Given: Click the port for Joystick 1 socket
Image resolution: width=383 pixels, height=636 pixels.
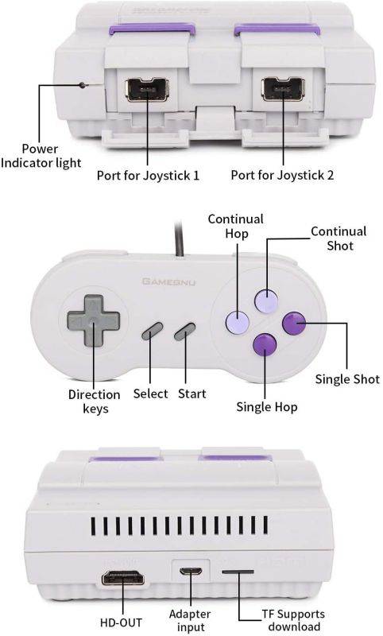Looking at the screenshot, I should coord(147,88).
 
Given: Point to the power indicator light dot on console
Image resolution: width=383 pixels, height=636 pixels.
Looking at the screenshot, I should coord(82,84).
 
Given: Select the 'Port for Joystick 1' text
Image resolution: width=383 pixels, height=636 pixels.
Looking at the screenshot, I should coord(148,175).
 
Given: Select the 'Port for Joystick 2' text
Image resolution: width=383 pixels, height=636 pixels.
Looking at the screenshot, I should coord(283,175).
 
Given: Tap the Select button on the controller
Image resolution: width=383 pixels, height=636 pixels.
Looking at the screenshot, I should coord(153,331).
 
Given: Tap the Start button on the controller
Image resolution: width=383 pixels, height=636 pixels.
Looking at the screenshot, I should coord(186,331).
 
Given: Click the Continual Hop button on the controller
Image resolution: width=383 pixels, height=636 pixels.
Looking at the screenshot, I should coord(238,322).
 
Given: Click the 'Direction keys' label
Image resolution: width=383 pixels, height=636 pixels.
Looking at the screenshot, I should coord(94,401).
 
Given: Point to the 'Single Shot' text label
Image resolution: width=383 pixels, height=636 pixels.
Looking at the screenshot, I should coord(347,378).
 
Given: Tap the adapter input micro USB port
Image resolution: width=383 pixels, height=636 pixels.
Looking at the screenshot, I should coord(190,572).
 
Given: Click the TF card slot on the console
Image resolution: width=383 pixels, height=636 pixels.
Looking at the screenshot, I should coord(238,572).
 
